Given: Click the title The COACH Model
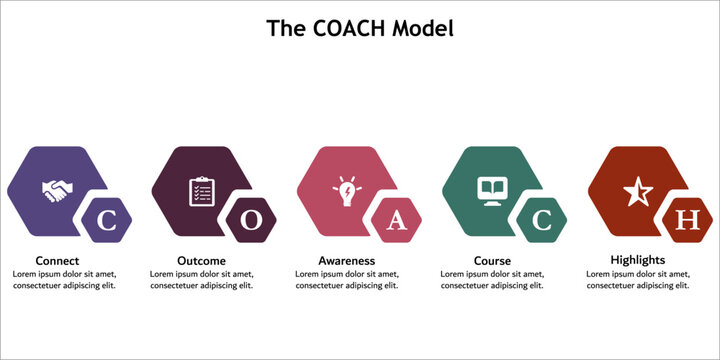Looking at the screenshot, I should (x=359, y=28).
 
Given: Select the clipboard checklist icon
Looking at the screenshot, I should (x=202, y=190).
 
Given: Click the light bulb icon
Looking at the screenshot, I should (x=348, y=190).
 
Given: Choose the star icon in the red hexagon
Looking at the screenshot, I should (x=638, y=190).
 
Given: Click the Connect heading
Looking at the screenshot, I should (x=57, y=261).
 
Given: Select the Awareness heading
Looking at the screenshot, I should (x=347, y=261).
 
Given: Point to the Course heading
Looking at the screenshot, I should (x=492, y=261).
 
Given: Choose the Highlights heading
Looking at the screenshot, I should (x=638, y=260).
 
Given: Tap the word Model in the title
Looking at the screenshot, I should (x=424, y=28).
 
